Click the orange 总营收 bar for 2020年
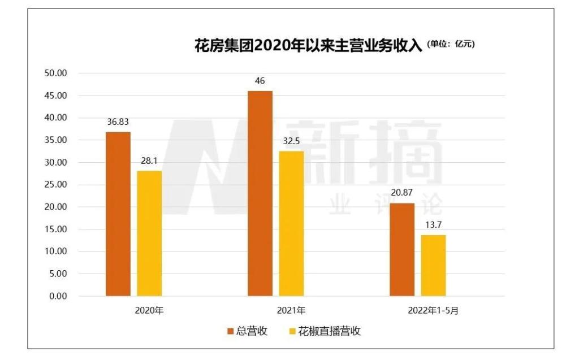pyautogui.click(x=118, y=214)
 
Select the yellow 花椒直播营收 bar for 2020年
pyautogui.click(x=149, y=233)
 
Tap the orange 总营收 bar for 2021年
pyautogui.click(x=260, y=193)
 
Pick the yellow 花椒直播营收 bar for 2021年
pyautogui.click(x=291, y=224)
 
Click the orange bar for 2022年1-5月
pyautogui.click(x=402, y=249)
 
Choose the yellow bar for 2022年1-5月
pyautogui.click(x=433, y=266)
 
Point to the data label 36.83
pyautogui.click(x=118, y=122)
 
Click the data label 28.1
pyautogui.click(x=149, y=161)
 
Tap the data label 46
pyautogui.click(x=260, y=81)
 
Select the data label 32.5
pyautogui.click(x=291, y=141)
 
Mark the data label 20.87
pyautogui.click(x=402, y=193)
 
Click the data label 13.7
pyautogui.click(x=433, y=225)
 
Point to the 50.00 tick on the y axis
pyautogui.click(x=55, y=73)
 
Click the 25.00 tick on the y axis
pyautogui.click(x=55, y=185)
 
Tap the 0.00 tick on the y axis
pyautogui.click(x=57, y=296)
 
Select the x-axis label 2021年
pyautogui.click(x=291, y=310)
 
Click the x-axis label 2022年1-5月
pyautogui.click(x=433, y=310)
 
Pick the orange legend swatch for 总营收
pyautogui.click(x=231, y=332)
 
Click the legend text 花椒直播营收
pyautogui.click(x=330, y=332)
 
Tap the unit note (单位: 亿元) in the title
pyautogui.click(x=451, y=45)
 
